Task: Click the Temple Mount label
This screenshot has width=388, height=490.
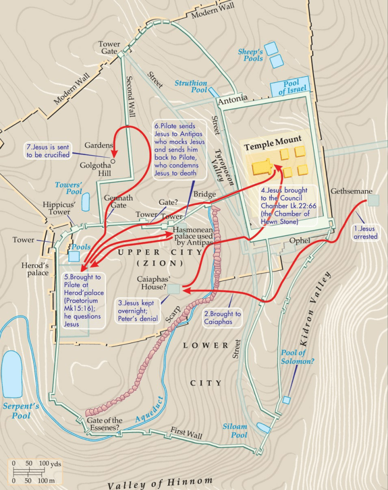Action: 273,140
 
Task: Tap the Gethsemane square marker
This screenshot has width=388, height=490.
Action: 373,200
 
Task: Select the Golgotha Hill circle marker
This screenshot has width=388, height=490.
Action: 113,161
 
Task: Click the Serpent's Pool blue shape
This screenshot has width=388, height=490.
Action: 12,374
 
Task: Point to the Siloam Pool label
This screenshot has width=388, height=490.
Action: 235,430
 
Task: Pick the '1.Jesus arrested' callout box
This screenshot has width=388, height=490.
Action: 365,232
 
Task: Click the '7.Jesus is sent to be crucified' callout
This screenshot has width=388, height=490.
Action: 48,151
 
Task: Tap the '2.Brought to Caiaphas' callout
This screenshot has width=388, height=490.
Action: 222,317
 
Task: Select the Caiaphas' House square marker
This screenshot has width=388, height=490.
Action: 173,289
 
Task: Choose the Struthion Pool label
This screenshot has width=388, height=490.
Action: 191,86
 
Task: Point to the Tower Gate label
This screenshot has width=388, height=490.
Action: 109,48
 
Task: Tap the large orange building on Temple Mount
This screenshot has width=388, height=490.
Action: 264,167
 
